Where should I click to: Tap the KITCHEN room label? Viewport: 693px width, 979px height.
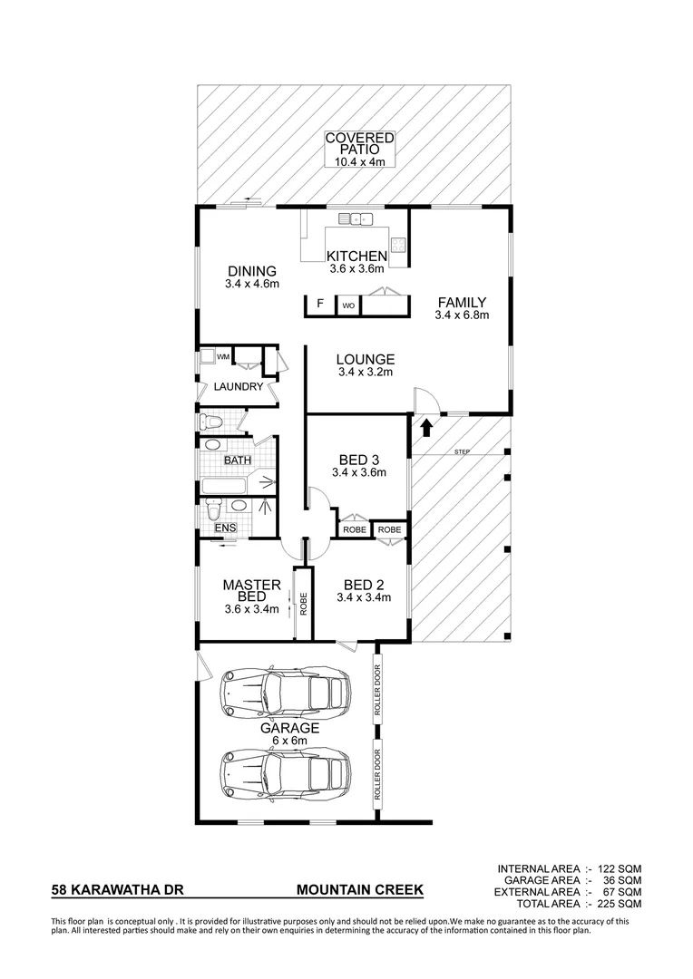point(357,257)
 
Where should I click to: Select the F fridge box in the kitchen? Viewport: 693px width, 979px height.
point(319,305)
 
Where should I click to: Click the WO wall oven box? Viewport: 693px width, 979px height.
point(347,306)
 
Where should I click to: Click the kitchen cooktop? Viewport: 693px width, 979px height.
point(398,244)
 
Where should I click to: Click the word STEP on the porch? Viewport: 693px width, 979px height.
point(463,451)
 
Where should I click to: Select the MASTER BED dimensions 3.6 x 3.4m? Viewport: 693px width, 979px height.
point(252,609)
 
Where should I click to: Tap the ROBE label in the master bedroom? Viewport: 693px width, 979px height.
point(304,603)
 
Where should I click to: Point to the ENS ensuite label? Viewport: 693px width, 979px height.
point(224,528)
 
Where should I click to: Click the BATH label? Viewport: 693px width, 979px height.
point(238,460)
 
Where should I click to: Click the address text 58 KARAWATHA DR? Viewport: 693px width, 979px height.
point(118,891)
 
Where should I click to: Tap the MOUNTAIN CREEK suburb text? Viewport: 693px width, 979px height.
point(360,891)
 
